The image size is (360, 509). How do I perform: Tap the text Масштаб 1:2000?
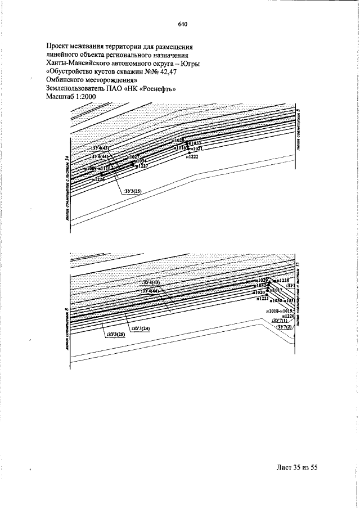tap(73, 97)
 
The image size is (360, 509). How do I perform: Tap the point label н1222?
tap(192, 157)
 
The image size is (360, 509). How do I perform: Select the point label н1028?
tap(179, 139)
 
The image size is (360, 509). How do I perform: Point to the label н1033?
tap(195, 143)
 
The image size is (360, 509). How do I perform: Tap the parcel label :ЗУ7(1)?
tap(280, 321)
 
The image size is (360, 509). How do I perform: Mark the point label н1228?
tap(283, 280)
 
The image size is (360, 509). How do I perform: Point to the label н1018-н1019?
tap(280, 310)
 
